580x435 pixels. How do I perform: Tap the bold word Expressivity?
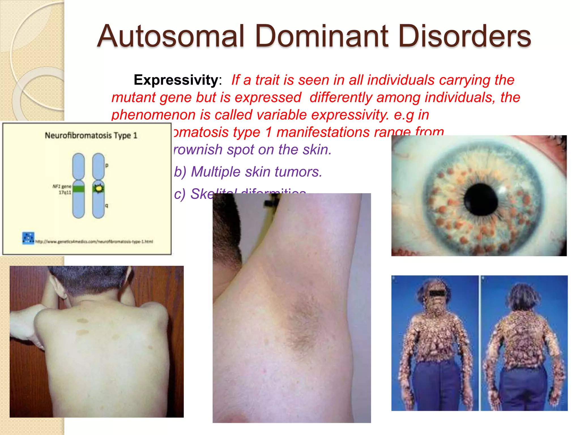(x=176, y=80)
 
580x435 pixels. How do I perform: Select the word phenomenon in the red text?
(x=153, y=115)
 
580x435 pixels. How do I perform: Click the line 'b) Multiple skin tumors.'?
(x=248, y=172)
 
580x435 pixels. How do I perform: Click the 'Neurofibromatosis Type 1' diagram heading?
(x=91, y=135)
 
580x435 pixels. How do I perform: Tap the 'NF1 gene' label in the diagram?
(x=62, y=186)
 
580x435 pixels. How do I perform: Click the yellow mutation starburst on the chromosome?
(x=99, y=188)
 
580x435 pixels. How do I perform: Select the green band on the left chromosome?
(x=78, y=189)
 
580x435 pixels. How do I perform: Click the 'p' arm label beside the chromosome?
(x=107, y=165)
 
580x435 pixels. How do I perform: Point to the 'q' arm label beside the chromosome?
(x=107, y=205)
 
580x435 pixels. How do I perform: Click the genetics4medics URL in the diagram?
(x=94, y=242)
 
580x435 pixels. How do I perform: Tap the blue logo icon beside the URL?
(x=28, y=238)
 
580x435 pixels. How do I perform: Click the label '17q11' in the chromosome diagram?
(x=65, y=193)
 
